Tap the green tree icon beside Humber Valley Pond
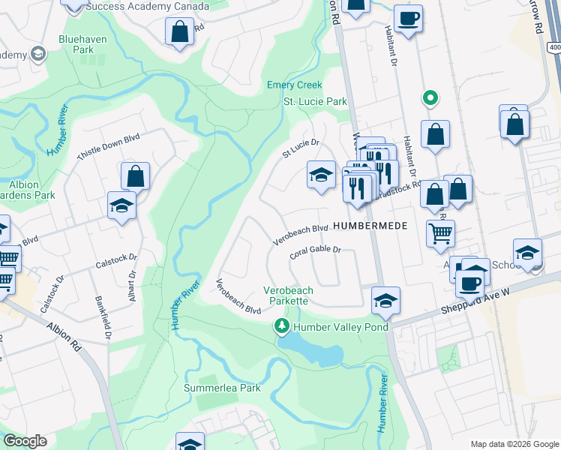[282, 326]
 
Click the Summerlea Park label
[222, 388]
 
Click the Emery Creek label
[294, 85]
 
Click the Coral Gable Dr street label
[315, 252]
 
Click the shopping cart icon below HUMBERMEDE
[440, 232]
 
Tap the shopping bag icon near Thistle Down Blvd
[135, 176]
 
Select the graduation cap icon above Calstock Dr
[121, 205]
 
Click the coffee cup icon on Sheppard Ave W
[470, 283]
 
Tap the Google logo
[25, 441]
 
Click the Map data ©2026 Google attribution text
[514, 444]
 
